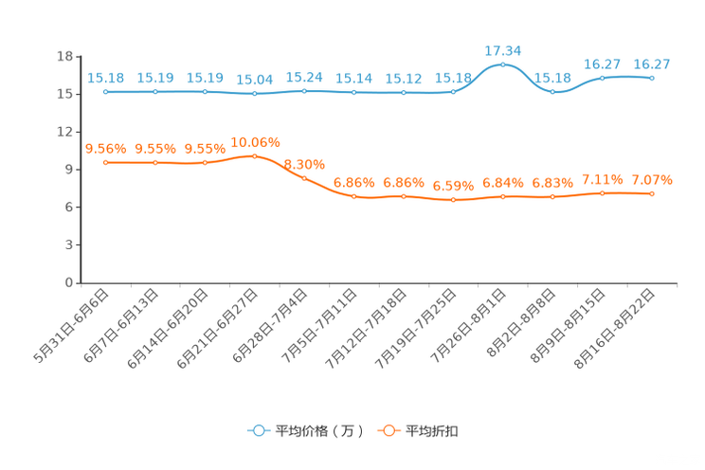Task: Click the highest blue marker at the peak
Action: coord(502,64)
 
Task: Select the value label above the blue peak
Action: coord(502,48)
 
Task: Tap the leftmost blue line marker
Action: coord(106,92)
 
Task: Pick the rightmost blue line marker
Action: coord(652,78)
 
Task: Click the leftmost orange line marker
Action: coord(106,163)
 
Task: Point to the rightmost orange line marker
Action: coord(652,193)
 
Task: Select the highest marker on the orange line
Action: coord(255,155)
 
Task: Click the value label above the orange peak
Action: coord(255,141)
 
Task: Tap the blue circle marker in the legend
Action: coord(258,430)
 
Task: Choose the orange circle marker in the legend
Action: coord(388,430)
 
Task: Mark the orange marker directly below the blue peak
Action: coord(502,197)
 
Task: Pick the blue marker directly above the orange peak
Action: coord(255,94)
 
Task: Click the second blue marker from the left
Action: coord(155,92)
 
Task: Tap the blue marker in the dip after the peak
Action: coord(552,92)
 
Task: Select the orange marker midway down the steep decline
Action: coord(304,177)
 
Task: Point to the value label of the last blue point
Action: coord(652,63)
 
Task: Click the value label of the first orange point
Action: coord(105,148)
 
